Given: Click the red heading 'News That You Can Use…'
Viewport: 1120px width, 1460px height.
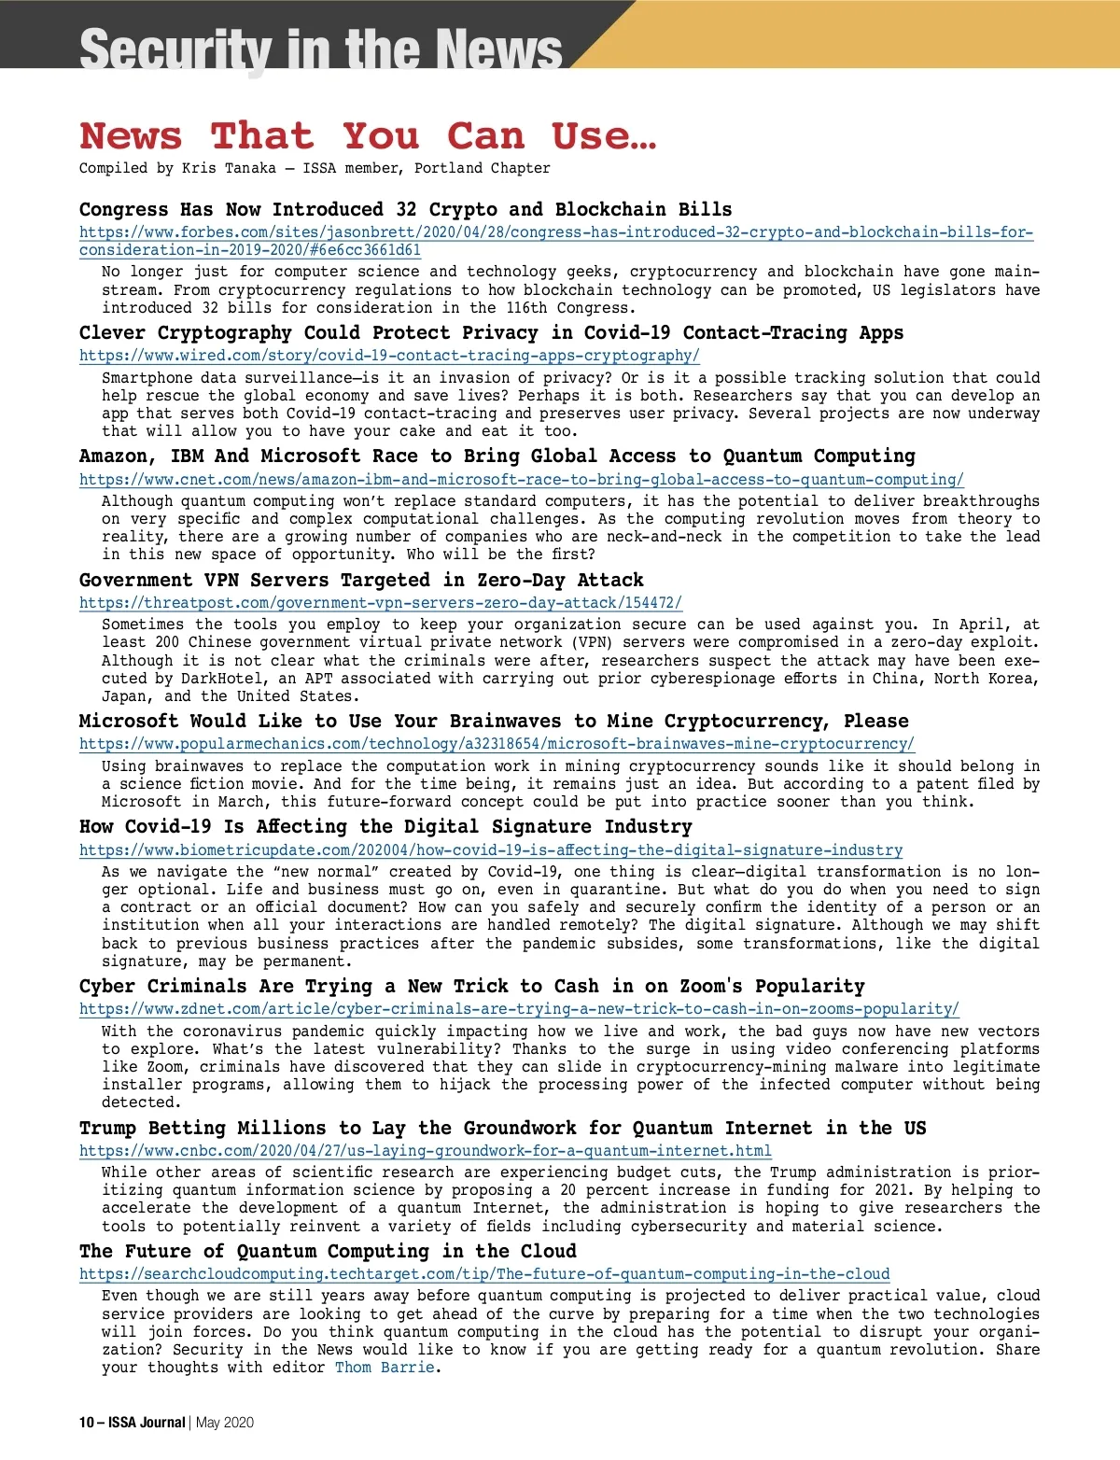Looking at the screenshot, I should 368,136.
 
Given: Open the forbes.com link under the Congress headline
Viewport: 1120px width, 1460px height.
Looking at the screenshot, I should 555,232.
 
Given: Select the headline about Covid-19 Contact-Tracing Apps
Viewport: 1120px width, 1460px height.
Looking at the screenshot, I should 491,333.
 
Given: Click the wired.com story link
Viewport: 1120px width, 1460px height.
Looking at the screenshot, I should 389,356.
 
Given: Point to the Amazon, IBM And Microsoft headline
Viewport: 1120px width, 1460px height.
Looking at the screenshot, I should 497,456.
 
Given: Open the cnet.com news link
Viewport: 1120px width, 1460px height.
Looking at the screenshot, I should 521,480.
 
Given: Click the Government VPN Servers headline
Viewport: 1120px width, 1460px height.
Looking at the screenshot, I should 361,581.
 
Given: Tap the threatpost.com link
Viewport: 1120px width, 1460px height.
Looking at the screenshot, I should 381,603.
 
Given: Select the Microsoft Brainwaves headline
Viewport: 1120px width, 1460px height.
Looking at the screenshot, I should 493,722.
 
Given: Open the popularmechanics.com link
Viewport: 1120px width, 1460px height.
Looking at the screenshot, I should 497,744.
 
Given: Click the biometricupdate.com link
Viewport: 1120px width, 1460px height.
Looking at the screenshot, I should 491,850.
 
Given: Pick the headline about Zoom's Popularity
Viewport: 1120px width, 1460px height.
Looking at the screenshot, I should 471,987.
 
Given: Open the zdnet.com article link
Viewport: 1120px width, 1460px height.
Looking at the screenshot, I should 519,1009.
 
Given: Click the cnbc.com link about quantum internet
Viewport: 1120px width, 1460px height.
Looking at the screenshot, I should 425,1151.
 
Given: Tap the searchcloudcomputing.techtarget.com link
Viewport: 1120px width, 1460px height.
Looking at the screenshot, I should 484,1274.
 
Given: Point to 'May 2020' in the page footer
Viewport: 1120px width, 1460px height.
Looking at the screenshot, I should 225,1423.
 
